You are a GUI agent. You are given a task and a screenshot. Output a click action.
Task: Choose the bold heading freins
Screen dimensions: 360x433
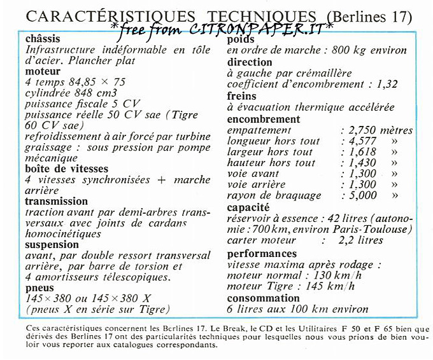[x=241, y=96]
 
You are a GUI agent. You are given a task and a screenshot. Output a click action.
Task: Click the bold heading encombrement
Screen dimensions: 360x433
[x=263, y=120]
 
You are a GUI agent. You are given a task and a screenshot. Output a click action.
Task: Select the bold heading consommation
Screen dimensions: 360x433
[x=263, y=298]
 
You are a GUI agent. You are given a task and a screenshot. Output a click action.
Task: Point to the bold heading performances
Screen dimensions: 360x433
[x=262, y=254]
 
